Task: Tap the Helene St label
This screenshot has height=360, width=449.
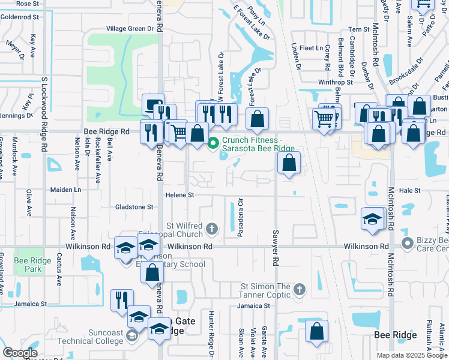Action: coord(180,195)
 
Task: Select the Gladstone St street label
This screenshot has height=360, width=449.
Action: coord(134,207)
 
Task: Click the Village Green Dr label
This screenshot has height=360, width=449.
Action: coord(130,29)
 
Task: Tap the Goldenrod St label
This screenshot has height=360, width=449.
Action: coord(20,17)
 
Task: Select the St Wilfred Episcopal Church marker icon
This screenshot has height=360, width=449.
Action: coord(211,227)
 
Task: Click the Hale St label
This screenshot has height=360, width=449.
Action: coord(409,190)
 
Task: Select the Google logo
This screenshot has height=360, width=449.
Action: coord(20,353)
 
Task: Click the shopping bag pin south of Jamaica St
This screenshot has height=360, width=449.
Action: coord(316,331)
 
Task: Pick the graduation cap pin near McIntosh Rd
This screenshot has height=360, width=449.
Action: coord(372,218)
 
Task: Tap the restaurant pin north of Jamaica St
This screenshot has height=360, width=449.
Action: coord(122,300)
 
